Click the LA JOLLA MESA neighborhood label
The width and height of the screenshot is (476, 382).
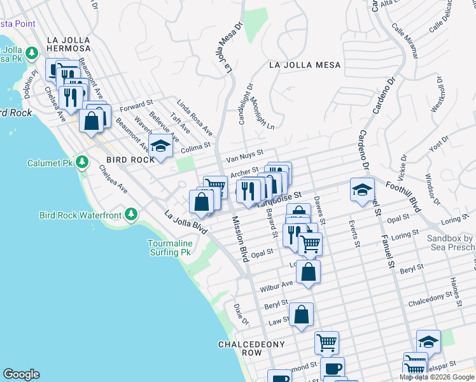pyautogui.click(x=304, y=65)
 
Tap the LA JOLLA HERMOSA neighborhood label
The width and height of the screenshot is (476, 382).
pyautogui.click(x=68, y=44)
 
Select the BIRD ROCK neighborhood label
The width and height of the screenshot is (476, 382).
pyautogui.click(x=130, y=160)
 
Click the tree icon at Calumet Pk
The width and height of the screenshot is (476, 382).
pyautogui.click(x=81, y=162)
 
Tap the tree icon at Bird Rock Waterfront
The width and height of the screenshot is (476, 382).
pyautogui.click(x=131, y=215)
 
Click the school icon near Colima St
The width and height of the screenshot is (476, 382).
pyautogui.click(x=160, y=146)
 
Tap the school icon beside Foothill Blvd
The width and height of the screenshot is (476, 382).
pyautogui.click(x=362, y=189)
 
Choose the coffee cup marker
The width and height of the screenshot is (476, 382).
pyautogui.click(x=331, y=369)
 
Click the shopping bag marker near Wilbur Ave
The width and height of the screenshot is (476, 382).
pyautogui.click(x=308, y=272)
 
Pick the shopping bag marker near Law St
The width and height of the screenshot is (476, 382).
pyautogui.click(x=301, y=315)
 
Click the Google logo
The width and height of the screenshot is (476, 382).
pyautogui.click(x=22, y=374)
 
